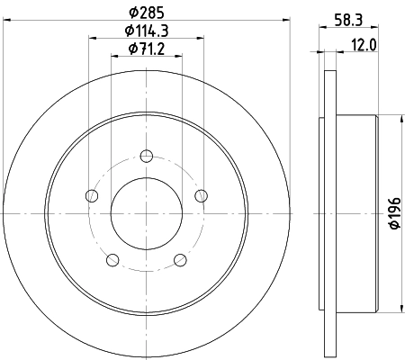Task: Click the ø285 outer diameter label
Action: click(x=146, y=13)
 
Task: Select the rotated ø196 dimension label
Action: click(x=393, y=212)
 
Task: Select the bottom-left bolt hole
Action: click(x=111, y=261)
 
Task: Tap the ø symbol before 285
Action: click(x=133, y=13)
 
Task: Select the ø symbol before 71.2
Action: click(x=131, y=49)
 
